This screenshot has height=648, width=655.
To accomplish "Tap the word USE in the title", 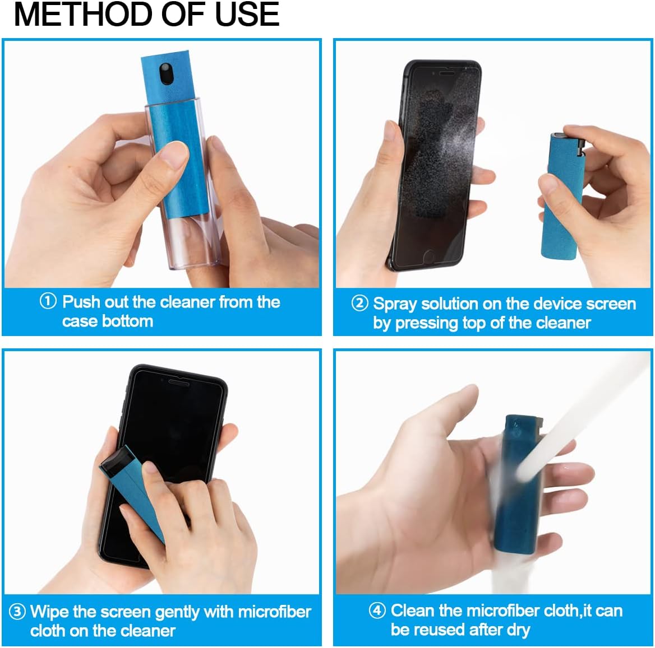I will pos(247,15).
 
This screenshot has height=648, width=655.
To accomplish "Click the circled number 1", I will pos(48,301).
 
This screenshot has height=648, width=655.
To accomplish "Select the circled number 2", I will pos(359,304).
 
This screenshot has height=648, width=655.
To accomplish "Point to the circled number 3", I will pos(17,612).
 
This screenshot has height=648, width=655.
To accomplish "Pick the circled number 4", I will pos(377,610).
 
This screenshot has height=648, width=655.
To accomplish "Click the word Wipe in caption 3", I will pos(49,612).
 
